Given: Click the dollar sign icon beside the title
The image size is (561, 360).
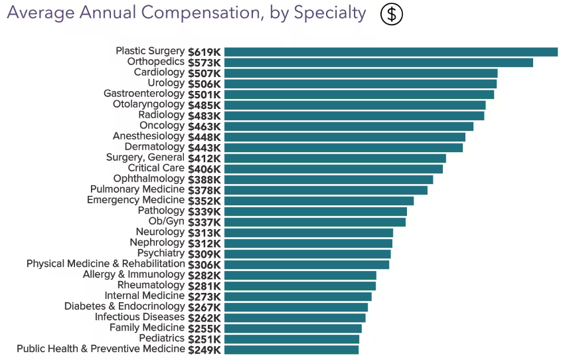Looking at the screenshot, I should click(x=392, y=14).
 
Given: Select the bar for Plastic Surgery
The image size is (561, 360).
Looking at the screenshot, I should click(x=390, y=52).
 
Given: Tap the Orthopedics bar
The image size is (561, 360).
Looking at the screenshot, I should click(x=378, y=62).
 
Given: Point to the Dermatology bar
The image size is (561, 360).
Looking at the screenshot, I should click(x=343, y=147).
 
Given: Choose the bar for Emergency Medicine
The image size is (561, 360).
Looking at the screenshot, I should click(x=319, y=201).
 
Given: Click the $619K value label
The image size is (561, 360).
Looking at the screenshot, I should click(x=204, y=52).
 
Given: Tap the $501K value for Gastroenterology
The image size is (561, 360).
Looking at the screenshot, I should click(x=204, y=94).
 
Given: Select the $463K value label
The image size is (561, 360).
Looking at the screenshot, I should click(x=204, y=126).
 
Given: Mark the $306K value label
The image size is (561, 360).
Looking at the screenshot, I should click(x=204, y=264).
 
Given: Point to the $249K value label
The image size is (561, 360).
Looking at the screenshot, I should click(x=204, y=349).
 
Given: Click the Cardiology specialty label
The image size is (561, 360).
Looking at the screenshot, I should click(x=159, y=72).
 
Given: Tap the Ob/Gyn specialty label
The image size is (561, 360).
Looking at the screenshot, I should click(x=166, y=221).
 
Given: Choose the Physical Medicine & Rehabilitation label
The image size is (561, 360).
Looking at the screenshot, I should click(x=105, y=264).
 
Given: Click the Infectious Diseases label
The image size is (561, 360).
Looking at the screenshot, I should click(x=139, y=317).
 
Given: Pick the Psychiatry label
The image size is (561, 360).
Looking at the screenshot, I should click(x=161, y=253).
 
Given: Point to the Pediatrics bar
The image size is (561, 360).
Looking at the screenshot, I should click(x=291, y=339).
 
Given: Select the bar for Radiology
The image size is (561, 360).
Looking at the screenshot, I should click(x=354, y=116).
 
